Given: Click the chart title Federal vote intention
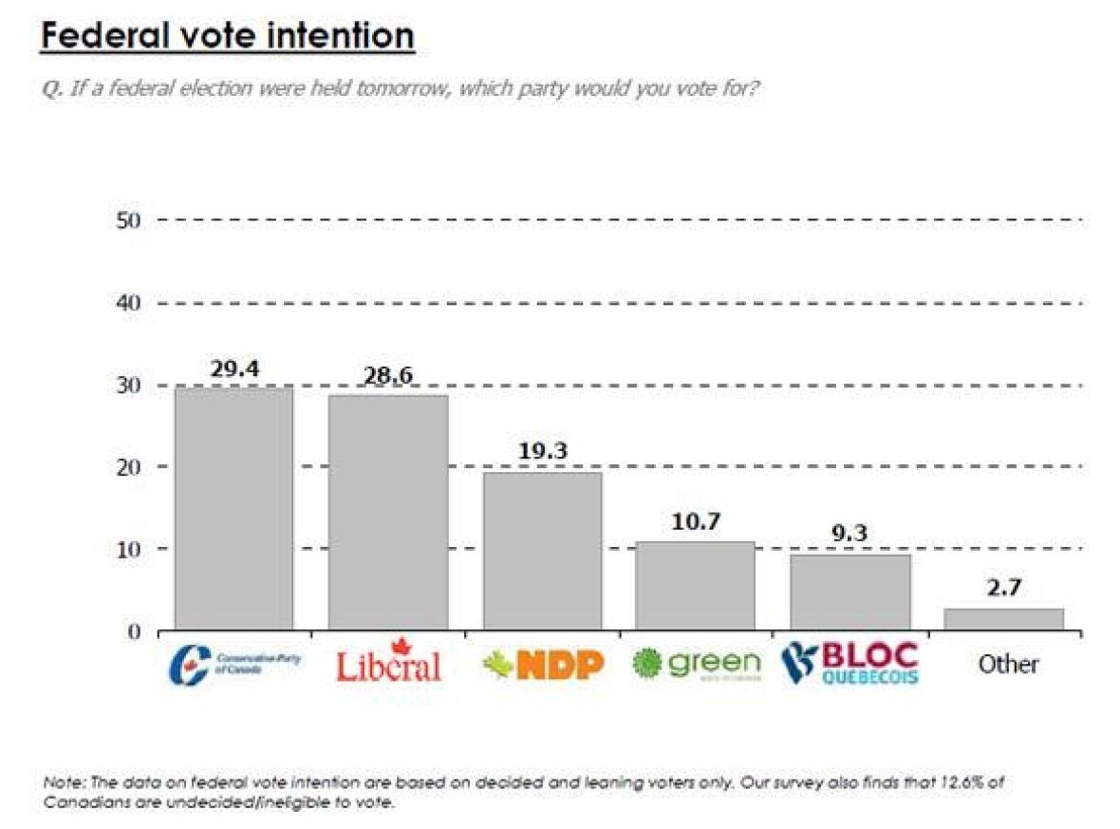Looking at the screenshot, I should tap(227, 37).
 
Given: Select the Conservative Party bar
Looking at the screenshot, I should tap(233, 508).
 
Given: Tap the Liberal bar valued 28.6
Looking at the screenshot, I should tap(387, 512).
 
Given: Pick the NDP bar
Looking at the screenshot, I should tap(542, 550).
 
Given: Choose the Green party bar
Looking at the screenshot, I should tap(696, 585).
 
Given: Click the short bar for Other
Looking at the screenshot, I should tap(1004, 618).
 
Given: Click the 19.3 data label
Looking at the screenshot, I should tap(542, 452).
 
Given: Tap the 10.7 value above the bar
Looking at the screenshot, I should tap(696, 522).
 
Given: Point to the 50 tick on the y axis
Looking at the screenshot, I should tap(128, 220).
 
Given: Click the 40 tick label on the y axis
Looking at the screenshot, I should tap(128, 303).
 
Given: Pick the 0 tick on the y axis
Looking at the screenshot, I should tap(134, 631).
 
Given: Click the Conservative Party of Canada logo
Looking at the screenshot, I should tap(233, 664).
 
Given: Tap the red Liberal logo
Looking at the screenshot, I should tap(388, 662).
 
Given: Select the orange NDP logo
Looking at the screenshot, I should tap(543, 665).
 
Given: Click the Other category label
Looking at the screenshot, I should tap(1008, 664).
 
